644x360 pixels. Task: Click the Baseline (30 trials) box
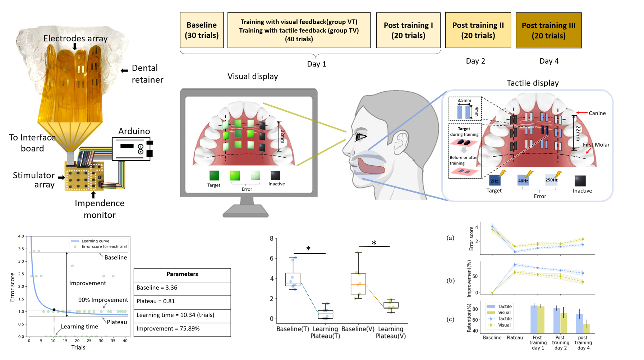(202, 30)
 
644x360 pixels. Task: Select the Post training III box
(548, 31)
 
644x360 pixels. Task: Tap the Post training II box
(478, 30)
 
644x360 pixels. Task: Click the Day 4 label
(549, 61)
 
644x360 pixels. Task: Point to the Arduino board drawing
(132, 148)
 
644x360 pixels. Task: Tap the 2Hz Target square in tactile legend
(494, 180)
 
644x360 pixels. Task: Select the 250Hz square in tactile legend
(551, 180)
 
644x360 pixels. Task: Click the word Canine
(597, 113)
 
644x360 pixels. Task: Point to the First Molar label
(596, 145)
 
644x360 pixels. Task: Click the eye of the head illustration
(360, 137)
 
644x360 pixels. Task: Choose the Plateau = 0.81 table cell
(182, 301)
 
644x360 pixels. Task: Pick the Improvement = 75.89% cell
(182, 329)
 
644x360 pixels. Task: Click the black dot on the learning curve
(54, 310)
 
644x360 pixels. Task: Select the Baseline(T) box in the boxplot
(293, 280)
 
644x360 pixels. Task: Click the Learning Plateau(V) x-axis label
(391, 332)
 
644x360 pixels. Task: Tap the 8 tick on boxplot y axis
(272, 239)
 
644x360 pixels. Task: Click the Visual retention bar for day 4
(586, 329)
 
